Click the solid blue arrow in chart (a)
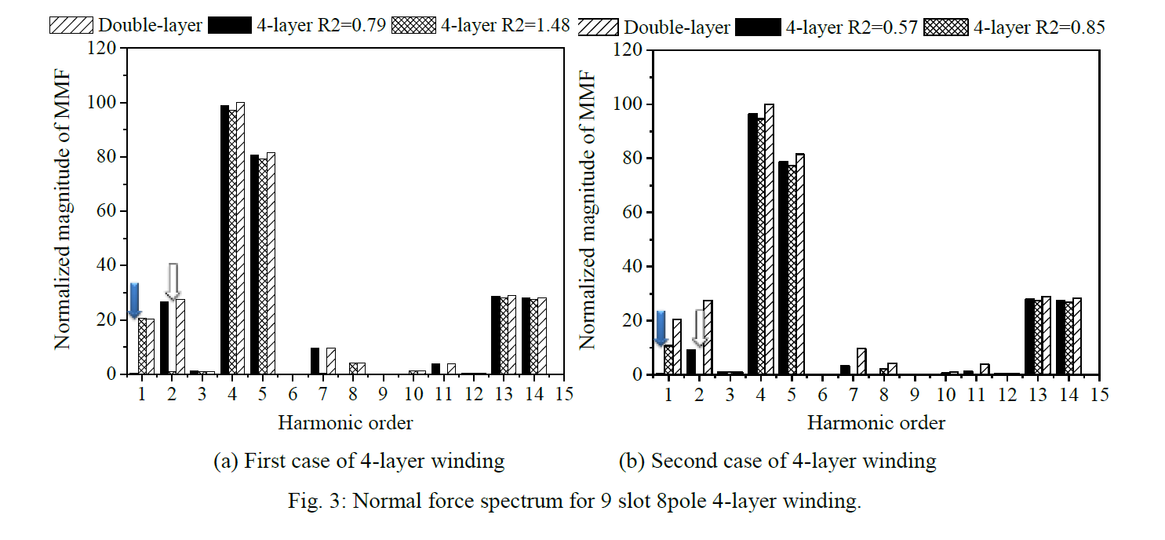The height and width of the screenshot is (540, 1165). [134, 300]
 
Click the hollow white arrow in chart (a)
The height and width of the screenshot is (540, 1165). [173, 281]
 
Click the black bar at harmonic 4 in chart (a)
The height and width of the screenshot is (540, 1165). [224, 239]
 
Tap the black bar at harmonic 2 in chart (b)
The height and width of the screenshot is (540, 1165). [691, 362]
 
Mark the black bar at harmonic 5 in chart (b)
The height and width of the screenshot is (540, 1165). [782, 268]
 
